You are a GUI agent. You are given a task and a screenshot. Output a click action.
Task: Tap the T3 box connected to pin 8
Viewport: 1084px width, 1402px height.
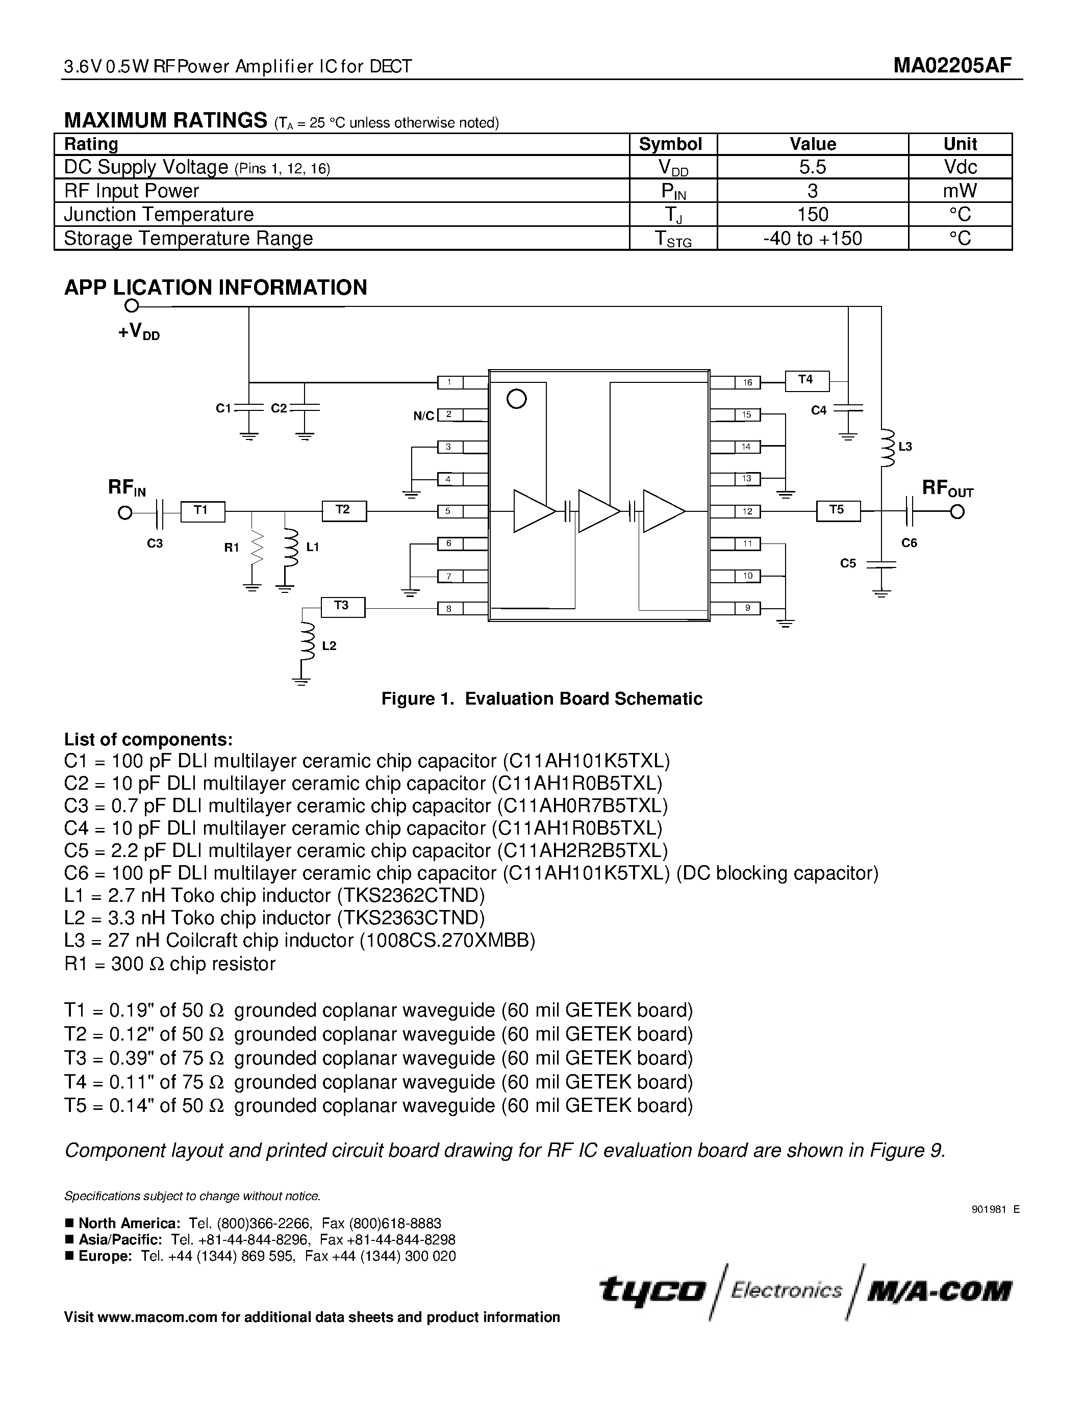click(x=342, y=607)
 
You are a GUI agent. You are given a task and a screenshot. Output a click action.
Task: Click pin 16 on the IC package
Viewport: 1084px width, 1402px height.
click(x=747, y=382)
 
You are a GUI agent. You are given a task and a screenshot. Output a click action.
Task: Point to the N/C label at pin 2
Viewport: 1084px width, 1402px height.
click(x=424, y=416)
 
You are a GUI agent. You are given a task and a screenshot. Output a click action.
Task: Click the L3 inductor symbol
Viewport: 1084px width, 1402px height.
click(x=888, y=448)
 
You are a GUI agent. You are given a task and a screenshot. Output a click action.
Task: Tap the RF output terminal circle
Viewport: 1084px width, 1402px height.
click(x=957, y=512)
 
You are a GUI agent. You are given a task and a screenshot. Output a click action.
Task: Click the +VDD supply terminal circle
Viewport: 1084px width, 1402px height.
click(x=132, y=306)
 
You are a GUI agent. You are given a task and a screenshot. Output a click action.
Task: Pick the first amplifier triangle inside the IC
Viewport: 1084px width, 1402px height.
click(x=533, y=511)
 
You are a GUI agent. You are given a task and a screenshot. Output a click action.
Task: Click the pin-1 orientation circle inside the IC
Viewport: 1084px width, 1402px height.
click(x=516, y=399)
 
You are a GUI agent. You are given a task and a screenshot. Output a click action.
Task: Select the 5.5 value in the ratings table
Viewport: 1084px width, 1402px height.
click(x=812, y=167)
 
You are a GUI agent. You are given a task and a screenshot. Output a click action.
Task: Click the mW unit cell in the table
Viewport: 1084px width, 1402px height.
click(x=960, y=191)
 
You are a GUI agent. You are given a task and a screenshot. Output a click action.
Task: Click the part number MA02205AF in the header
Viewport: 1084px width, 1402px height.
click(x=952, y=65)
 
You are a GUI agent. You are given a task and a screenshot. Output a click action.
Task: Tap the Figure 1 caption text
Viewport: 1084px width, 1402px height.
click(x=541, y=698)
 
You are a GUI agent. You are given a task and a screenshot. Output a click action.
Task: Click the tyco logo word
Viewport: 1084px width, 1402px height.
click(x=652, y=1289)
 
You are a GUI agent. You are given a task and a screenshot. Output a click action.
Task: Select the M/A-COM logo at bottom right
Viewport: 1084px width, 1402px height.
click(x=939, y=1289)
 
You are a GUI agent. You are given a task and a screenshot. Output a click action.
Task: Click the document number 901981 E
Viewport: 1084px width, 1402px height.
click(x=995, y=1209)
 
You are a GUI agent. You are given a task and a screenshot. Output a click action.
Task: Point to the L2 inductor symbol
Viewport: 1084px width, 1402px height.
click(x=308, y=642)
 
